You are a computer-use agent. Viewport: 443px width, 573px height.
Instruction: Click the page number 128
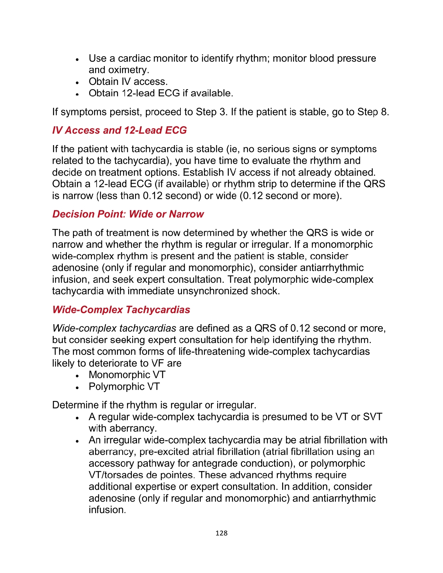[221, 533]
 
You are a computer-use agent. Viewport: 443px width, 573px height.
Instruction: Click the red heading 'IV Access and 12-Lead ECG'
[119, 130]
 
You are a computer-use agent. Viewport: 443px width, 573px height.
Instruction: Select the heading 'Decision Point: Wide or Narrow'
[128, 214]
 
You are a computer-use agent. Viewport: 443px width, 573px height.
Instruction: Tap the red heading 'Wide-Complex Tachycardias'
[121, 310]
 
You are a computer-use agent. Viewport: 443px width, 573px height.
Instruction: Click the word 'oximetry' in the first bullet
[129, 70]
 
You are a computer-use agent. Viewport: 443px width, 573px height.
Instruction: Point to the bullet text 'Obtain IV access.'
[128, 82]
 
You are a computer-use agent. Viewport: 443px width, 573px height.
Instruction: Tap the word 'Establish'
[203, 172]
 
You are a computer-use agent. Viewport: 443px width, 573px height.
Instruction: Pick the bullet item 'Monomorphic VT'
[127, 375]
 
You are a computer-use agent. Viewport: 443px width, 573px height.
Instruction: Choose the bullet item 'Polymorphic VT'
[124, 386]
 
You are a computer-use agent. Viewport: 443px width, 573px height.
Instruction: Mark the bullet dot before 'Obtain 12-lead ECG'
[77, 94]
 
